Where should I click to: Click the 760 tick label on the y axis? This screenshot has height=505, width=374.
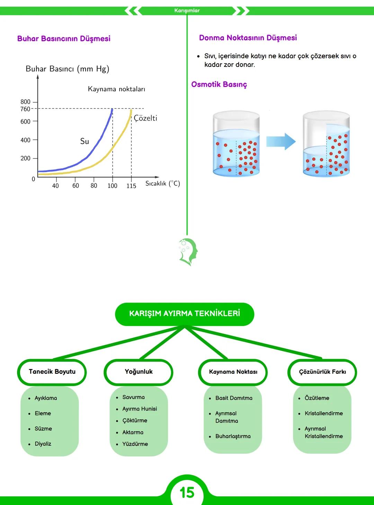(x=25, y=109)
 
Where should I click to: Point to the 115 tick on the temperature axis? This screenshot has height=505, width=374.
(x=131, y=186)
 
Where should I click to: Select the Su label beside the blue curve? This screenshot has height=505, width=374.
(x=84, y=141)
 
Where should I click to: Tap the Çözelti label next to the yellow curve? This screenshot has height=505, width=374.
(x=145, y=118)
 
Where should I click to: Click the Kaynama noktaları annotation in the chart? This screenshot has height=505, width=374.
(x=116, y=89)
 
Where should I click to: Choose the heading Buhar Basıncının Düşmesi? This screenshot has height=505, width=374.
(x=64, y=38)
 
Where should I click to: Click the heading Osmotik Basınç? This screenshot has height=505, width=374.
(x=219, y=84)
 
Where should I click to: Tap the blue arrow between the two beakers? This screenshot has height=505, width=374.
(x=281, y=141)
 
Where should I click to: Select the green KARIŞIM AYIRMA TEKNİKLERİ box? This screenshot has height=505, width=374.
(x=184, y=314)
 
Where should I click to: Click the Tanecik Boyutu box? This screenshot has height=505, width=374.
(x=52, y=372)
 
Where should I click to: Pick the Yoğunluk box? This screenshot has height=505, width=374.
(x=139, y=372)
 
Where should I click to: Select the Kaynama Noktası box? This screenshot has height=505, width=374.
(x=233, y=372)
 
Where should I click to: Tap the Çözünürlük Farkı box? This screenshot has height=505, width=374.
(x=322, y=372)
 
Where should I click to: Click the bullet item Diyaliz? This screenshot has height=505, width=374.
(x=43, y=444)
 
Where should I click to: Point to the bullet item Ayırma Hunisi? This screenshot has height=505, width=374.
(x=140, y=409)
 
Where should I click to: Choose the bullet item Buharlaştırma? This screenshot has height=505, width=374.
(x=233, y=436)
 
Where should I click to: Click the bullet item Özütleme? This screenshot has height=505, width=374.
(x=317, y=398)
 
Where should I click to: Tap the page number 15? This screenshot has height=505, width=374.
(x=187, y=492)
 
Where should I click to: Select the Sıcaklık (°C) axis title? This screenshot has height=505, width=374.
(x=162, y=183)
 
